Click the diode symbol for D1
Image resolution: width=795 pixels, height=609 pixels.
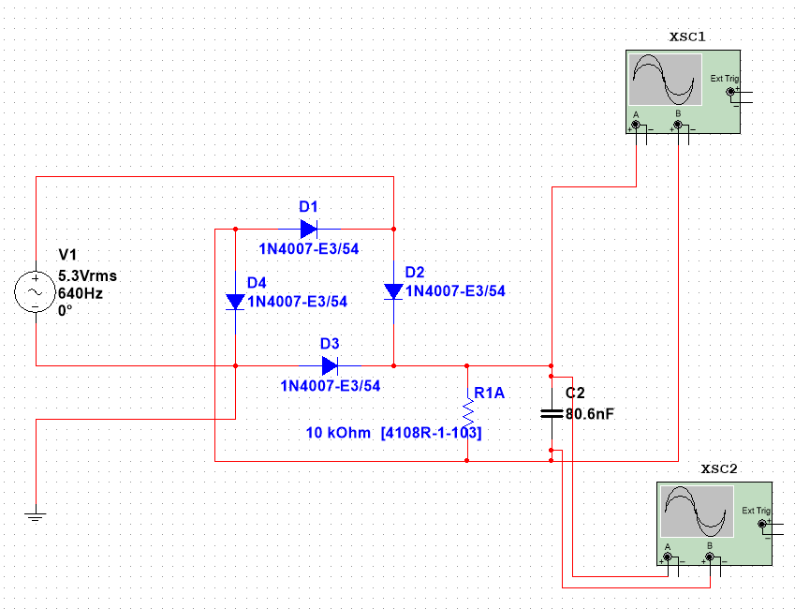click(x=309, y=228)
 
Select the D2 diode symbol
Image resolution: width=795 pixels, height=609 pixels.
click(x=393, y=291)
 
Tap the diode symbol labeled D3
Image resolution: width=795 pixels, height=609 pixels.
click(x=330, y=365)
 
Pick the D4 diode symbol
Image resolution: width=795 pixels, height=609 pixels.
click(x=235, y=302)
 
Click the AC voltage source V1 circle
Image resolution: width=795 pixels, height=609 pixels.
click(x=36, y=292)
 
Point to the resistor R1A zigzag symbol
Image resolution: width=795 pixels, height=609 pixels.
click(x=466, y=413)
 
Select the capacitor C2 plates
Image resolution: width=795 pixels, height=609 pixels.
click(x=552, y=412)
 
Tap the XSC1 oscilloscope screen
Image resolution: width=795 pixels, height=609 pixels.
click(x=665, y=80)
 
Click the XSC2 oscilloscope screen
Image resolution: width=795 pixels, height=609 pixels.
click(x=696, y=512)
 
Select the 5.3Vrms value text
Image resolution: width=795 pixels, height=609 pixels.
click(x=88, y=276)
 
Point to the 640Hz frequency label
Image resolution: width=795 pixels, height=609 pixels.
click(x=81, y=292)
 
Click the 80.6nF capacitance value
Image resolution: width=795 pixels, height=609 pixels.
click(x=590, y=412)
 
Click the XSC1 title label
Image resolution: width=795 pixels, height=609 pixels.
click(x=686, y=37)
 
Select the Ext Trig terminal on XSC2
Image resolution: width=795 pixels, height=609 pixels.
click(x=762, y=524)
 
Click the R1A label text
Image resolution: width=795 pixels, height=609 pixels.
click(x=489, y=394)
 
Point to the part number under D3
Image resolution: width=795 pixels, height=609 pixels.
click(x=331, y=385)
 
